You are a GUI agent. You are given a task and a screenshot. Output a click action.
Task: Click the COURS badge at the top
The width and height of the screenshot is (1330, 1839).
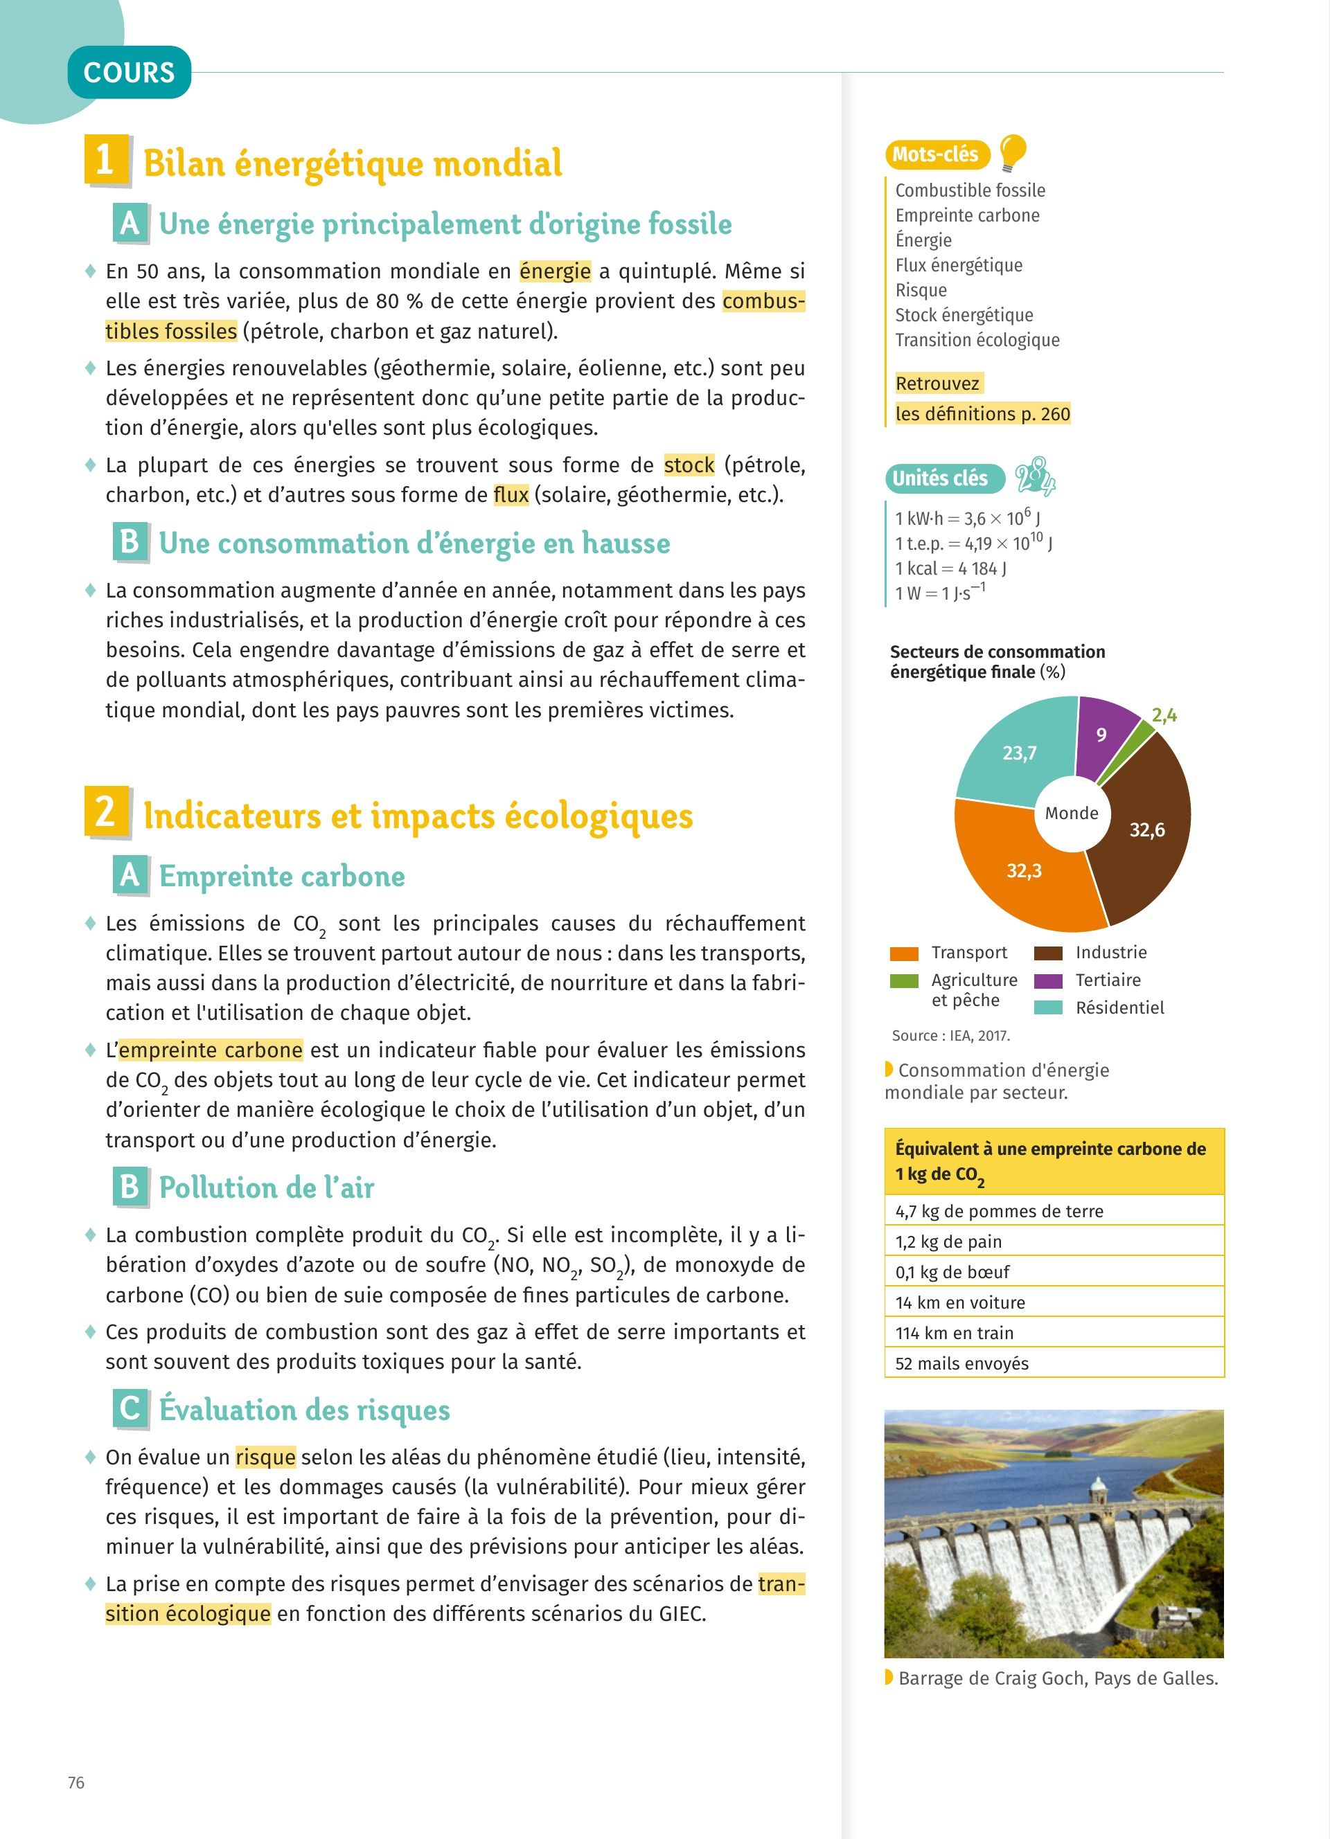(x=129, y=73)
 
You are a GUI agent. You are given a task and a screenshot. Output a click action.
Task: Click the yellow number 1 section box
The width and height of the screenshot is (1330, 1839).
(x=106, y=159)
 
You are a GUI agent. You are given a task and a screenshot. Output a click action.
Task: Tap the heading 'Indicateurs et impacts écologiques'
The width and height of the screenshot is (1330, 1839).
(x=418, y=816)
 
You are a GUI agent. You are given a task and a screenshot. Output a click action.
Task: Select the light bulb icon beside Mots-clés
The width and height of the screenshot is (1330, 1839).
(x=1012, y=152)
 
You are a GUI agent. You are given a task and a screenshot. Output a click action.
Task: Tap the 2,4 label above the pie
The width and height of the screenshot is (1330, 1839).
(x=1164, y=715)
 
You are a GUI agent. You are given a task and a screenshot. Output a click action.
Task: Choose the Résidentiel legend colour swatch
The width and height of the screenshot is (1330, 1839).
(x=1049, y=1008)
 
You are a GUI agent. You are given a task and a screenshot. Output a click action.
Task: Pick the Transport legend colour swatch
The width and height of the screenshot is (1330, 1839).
(x=903, y=953)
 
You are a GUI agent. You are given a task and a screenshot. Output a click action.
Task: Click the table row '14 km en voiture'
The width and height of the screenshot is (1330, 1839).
(x=1054, y=1302)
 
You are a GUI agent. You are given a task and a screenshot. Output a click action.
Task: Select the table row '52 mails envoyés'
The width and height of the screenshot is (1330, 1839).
(x=1054, y=1363)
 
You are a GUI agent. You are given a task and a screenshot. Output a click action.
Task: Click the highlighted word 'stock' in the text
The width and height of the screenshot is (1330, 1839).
(x=689, y=465)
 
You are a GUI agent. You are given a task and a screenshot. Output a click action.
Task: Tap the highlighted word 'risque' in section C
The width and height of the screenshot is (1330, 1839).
(x=265, y=1457)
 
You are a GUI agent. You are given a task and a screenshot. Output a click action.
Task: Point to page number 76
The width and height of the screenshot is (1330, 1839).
(x=76, y=1782)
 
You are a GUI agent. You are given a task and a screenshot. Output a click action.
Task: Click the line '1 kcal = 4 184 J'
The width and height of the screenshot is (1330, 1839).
(x=950, y=568)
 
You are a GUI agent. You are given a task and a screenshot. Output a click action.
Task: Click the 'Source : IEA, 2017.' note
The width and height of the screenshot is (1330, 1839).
(x=950, y=1035)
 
